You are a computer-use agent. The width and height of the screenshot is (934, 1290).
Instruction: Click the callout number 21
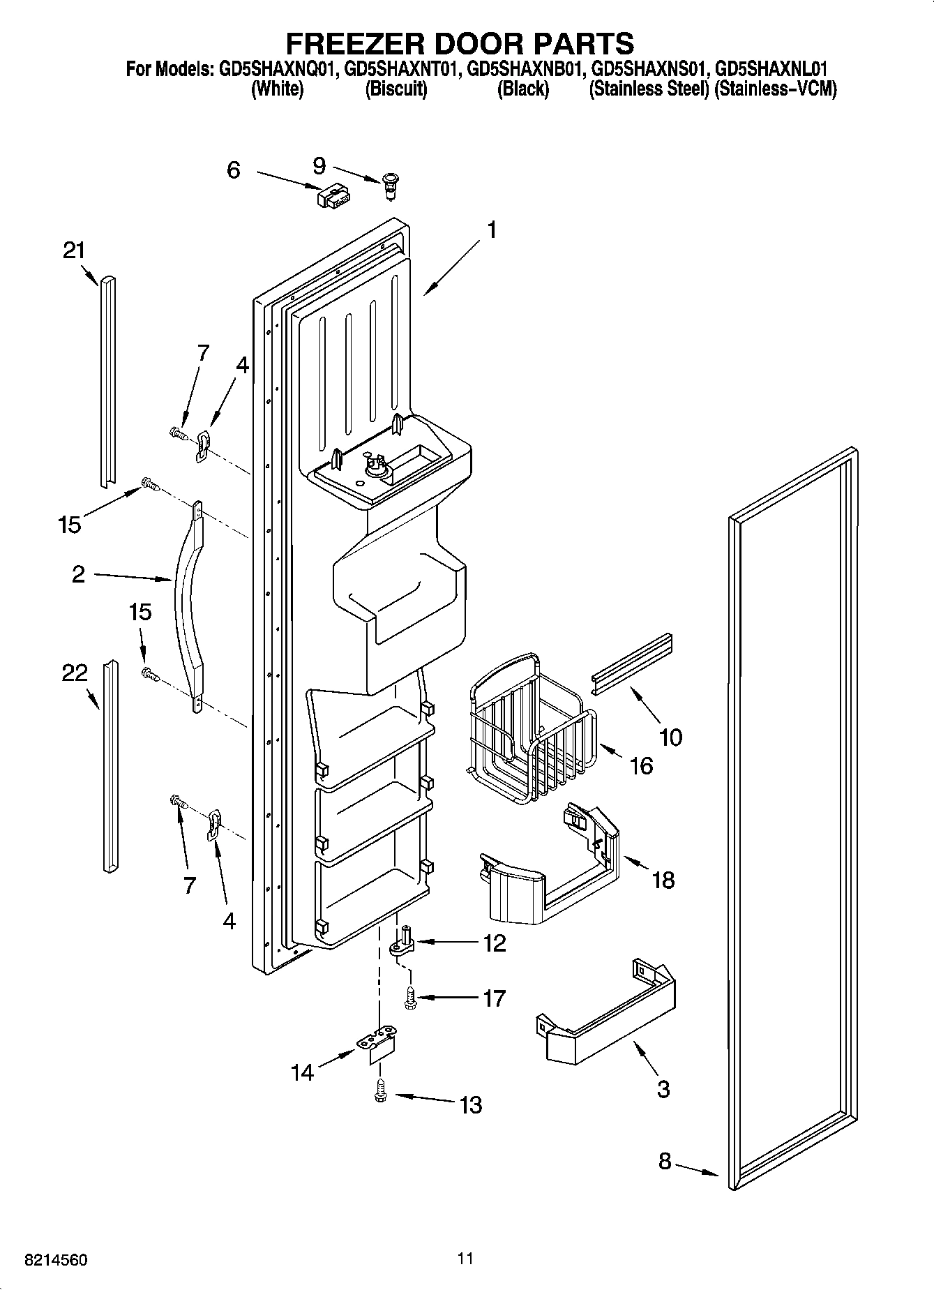pos(74,250)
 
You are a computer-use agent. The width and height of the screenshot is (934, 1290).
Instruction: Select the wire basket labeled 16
pos(532,726)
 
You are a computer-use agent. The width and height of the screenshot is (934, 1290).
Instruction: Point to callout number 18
pos(663,880)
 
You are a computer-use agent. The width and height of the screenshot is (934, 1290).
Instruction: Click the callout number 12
pos(494,943)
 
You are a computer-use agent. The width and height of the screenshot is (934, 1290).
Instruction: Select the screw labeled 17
pos(409,999)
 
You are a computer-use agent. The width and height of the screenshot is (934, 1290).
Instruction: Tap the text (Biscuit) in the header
pos(396,89)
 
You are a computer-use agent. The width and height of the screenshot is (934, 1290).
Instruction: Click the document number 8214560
pos(56,1260)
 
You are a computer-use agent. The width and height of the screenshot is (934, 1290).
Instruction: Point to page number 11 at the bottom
pos(466,1259)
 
